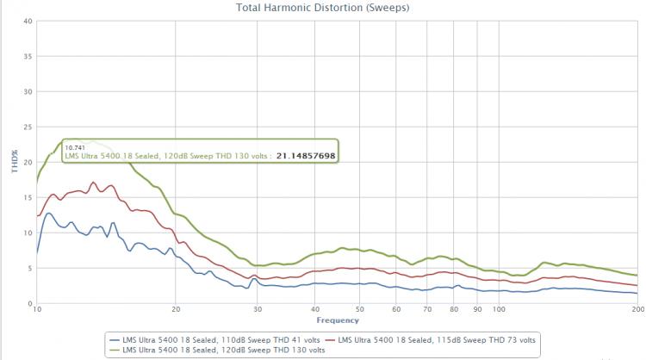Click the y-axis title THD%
click(13, 161)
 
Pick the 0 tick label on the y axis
click(29, 303)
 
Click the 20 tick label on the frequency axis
click(176, 310)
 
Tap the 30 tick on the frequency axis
click(258, 310)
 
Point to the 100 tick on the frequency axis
click(499, 310)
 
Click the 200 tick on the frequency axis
click(637, 310)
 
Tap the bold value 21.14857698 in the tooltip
click(306, 156)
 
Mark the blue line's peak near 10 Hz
click(48, 213)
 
